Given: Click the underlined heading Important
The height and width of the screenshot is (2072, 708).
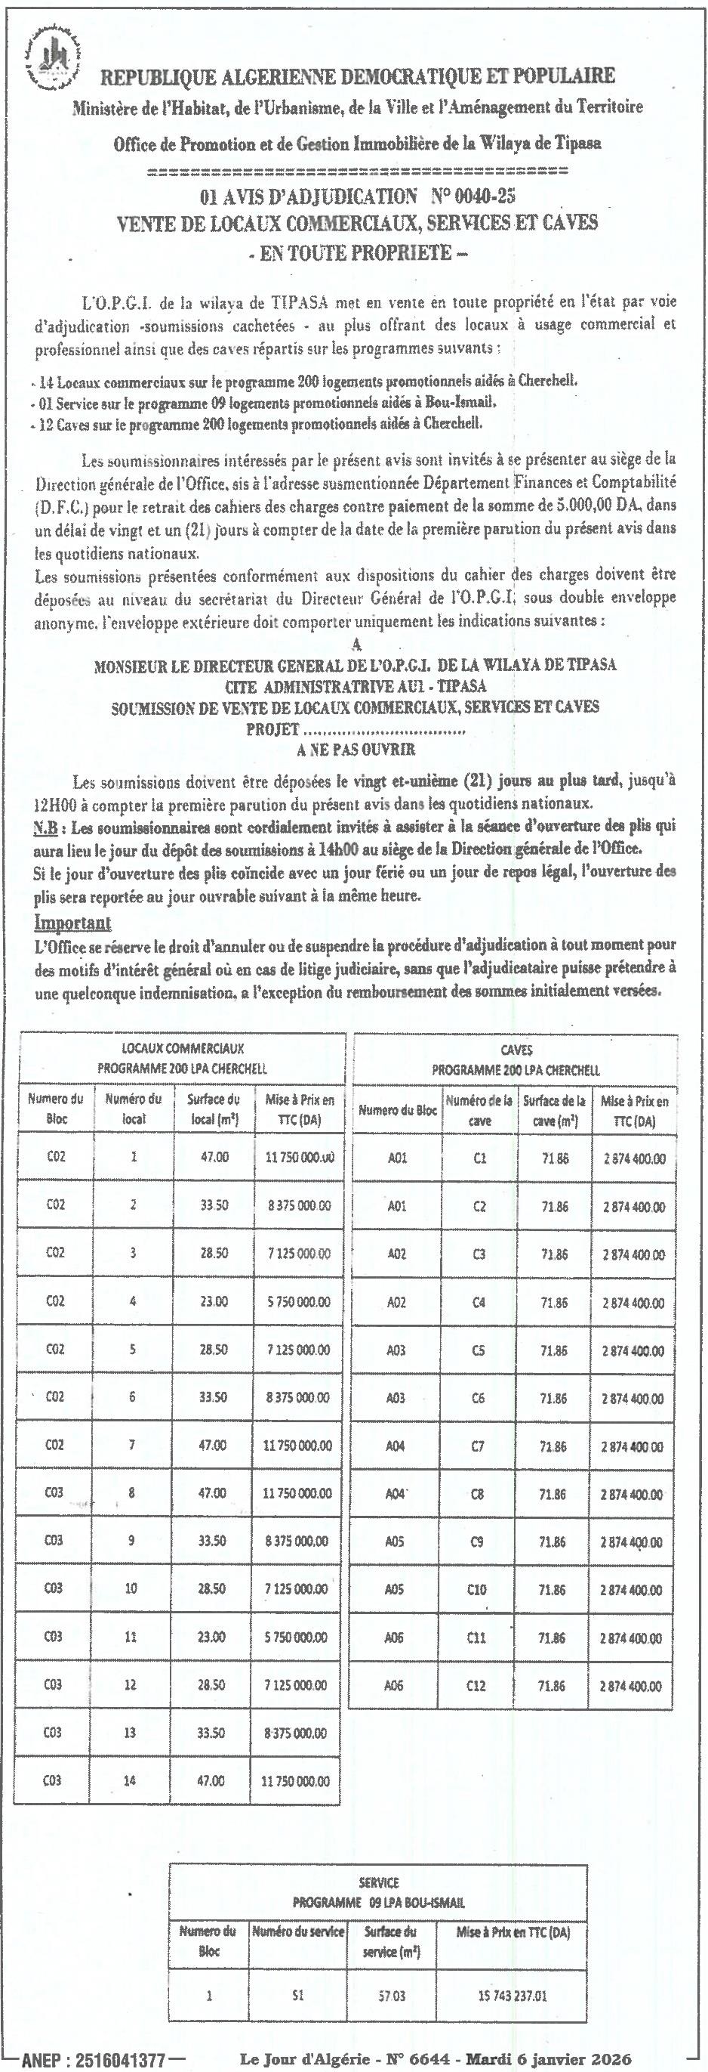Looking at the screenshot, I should click(73, 923).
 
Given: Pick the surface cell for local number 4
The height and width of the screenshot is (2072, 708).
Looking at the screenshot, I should click(214, 1301).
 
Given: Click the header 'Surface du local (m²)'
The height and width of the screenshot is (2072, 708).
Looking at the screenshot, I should click(213, 1109).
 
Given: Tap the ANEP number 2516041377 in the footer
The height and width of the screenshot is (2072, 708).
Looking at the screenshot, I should click(120, 2057).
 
